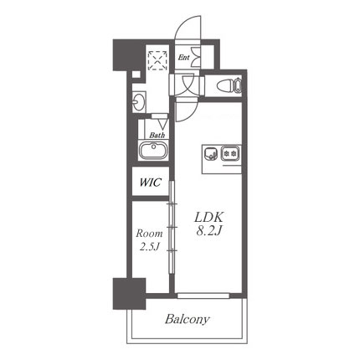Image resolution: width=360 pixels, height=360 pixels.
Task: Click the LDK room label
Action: [x=208, y=218]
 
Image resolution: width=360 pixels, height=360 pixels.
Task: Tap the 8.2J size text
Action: [x=208, y=231]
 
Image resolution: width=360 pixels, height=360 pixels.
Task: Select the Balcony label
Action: [x=187, y=319]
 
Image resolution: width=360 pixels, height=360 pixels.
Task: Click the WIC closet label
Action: [x=151, y=183]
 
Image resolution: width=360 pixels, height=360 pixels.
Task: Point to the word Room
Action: [x=149, y=234]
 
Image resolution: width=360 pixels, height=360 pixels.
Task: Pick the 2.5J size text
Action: [x=149, y=247]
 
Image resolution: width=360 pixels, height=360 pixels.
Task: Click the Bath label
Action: [x=157, y=135]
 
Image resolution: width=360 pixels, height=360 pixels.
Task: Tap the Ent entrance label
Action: [x=183, y=58]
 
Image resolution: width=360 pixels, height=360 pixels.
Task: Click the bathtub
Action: [x=153, y=150]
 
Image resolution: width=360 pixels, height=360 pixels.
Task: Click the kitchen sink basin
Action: [x=211, y=154]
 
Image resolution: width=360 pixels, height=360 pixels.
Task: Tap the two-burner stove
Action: [x=230, y=153]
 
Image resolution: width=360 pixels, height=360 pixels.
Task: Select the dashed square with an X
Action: [x=157, y=60]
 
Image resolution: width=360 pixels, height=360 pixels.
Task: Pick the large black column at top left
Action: [x=129, y=55]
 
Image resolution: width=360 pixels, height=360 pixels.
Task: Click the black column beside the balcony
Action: [x=129, y=293]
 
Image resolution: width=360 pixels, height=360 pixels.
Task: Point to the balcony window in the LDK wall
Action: [x=203, y=296]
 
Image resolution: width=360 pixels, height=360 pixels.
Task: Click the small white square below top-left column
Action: [x=136, y=75]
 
